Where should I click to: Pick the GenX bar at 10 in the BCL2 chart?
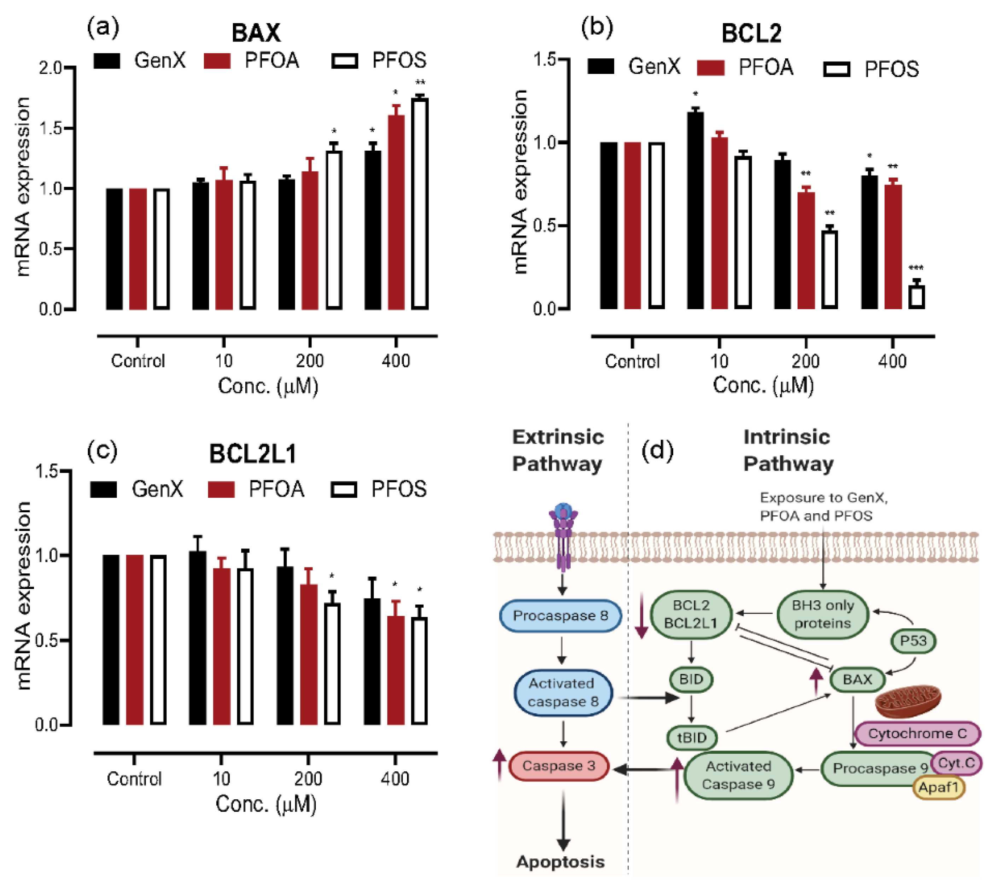pyautogui.click(x=695, y=210)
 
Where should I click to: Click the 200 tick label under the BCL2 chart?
pyautogui.click(x=805, y=361)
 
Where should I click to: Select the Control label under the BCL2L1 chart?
pyautogui.click(x=134, y=779)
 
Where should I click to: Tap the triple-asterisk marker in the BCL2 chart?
pyautogui.click(x=916, y=268)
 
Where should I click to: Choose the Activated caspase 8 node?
pyautogui.click(x=563, y=692)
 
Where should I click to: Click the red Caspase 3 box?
pyautogui.click(x=558, y=766)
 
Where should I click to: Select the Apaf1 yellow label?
pyautogui.click(x=938, y=787)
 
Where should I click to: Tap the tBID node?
pyautogui.click(x=692, y=737)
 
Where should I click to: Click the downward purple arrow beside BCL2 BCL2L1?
pyautogui.click(x=642, y=616)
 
